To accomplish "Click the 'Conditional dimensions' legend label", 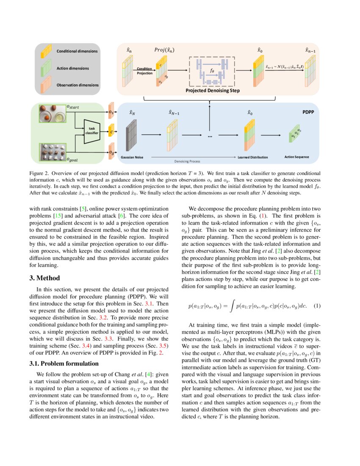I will coord(77,51).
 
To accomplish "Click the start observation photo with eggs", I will coord(53,114).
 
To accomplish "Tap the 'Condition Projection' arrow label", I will coord(144,70).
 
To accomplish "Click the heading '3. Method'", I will coord(44,278).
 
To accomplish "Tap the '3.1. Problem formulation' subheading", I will coord(64,363).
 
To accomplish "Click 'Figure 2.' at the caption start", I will coord(40,173).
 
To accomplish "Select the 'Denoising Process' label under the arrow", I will coord(187,161).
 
